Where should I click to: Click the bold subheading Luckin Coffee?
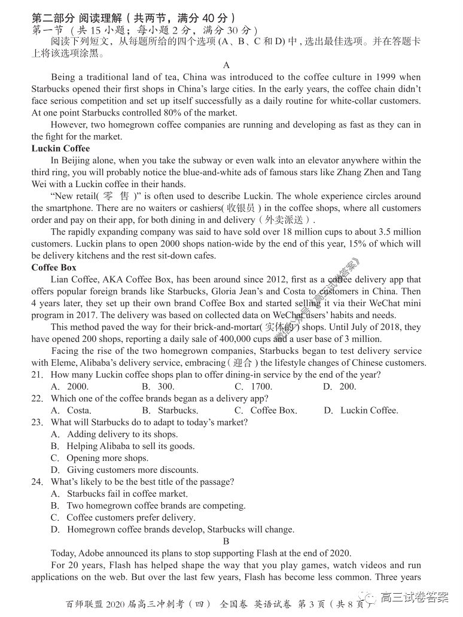click(60, 148)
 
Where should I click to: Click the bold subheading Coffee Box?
click(54, 267)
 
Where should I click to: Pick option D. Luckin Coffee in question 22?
click(361, 410)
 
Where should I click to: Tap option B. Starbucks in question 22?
click(170, 410)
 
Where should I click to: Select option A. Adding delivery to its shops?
click(114, 434)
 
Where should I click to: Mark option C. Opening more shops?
click(99, 458)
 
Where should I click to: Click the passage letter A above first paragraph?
click(226, 65)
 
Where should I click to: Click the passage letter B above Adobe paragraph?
click(226, 541)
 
